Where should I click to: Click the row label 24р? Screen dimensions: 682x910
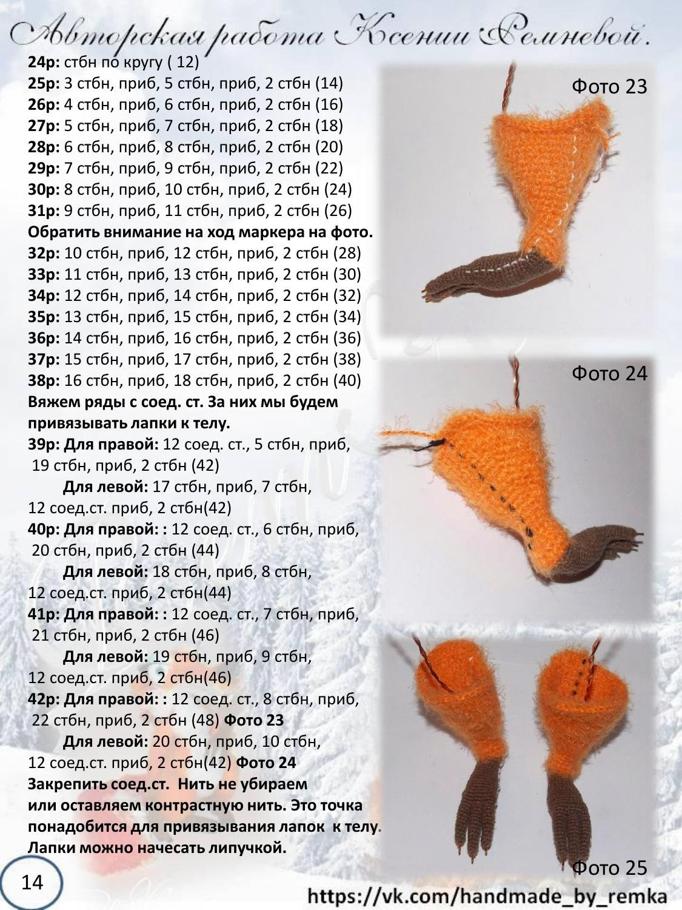pyautogui.click(x=44, y=63)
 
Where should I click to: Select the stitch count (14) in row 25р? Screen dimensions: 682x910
pyautogui.click(x=329, y=84)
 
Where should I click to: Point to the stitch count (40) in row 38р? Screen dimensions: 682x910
pyautogui.click(x=347, y=381)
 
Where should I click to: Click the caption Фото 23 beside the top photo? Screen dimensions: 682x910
pyautogui.click(x=609, y=87)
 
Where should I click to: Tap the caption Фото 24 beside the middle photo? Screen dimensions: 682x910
pyautogui.click(x=609, y=374)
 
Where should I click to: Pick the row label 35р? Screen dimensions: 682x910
pyautogui.click(x=44, y=317)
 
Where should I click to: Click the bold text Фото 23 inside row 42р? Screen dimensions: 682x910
pyautogui.click(x=254, y=720)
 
